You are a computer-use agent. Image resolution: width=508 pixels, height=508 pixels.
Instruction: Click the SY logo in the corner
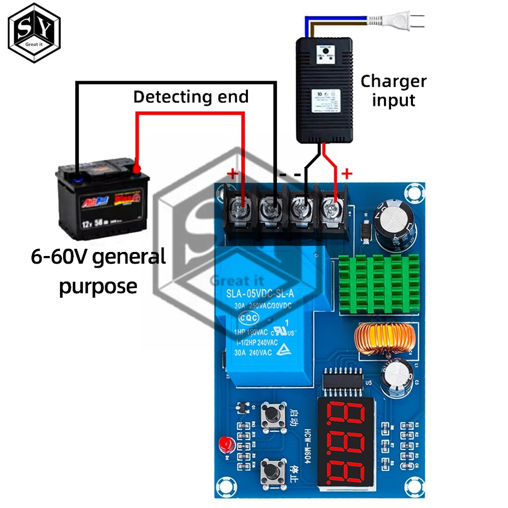point(34,33)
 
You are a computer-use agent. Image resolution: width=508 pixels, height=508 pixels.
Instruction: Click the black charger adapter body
point(324,89)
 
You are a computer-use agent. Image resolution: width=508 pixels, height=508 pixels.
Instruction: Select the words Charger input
point(393,90)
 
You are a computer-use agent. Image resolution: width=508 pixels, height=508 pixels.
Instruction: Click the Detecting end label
point(191,97)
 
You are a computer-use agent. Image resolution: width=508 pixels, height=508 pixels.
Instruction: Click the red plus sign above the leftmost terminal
point(232,175)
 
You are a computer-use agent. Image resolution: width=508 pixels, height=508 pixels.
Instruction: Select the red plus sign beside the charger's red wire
point(347,174)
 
